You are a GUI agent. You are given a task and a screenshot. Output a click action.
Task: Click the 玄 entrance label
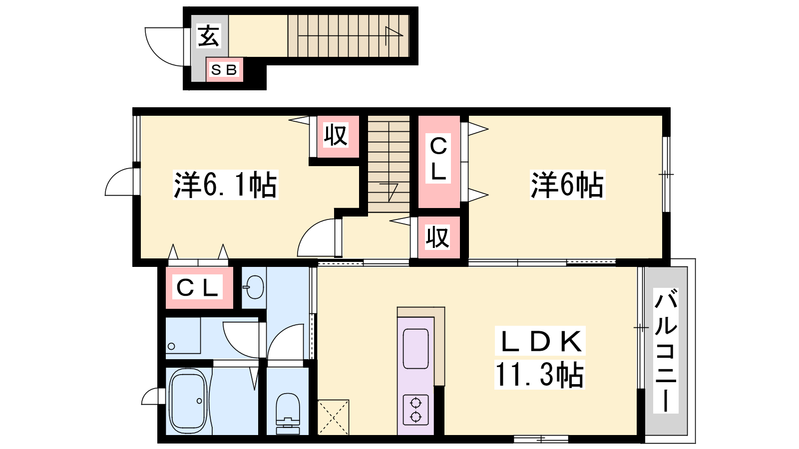[x=208, y=36]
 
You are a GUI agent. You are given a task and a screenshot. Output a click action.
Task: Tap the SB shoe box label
[x=224, y=70]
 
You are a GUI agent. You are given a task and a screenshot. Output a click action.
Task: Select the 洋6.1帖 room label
[x=225, y=185]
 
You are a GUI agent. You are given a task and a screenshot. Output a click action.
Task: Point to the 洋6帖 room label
[x=567, y=185]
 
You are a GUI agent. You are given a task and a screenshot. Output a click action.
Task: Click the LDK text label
[x=540, y=341]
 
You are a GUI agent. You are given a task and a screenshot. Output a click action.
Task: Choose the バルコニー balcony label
[x=666, y=351]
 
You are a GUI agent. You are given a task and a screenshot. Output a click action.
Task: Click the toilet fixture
[x=288, y=414]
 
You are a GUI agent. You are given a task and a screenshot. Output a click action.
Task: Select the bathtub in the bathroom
[x=188, y=401]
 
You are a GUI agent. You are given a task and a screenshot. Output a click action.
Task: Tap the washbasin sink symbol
[x=254, y=287]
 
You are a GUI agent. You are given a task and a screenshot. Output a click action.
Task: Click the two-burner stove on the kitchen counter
[x=415, y=410]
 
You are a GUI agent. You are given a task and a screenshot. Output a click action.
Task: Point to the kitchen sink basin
[x=415, y=349]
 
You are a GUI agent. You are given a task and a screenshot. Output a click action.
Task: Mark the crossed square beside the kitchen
[x=333, y=417]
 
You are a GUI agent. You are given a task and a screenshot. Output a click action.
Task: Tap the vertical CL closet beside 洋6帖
[x=439, y=162]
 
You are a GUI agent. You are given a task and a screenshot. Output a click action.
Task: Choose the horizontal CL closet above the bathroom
[x=199, y=287]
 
